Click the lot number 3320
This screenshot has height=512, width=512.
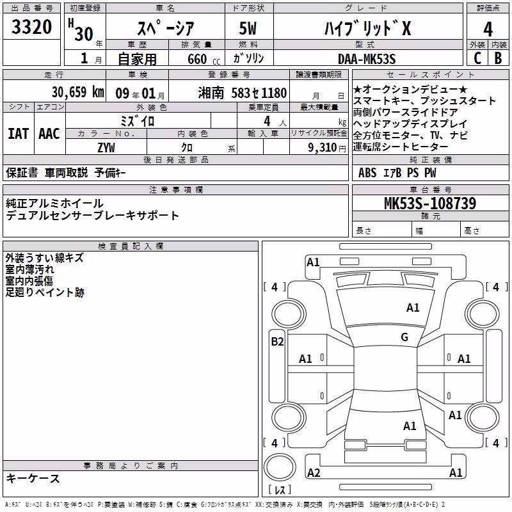coord(31,27)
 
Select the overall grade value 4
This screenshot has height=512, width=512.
coord(488,29)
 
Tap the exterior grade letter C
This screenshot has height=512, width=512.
coord(477,58)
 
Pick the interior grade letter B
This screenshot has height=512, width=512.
coord(499,58)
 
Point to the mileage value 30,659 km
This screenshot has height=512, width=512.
coord(77,92)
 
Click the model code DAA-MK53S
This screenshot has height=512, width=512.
coord(367,59)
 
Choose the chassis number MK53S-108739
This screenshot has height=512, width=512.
coord(430,204)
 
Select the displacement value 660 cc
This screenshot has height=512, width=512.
coord(204,59)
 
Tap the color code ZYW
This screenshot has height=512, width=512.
coord(106,148)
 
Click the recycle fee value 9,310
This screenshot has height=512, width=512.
coord(323,147)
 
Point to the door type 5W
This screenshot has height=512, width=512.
coord(248,28)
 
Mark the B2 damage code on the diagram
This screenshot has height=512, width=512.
coord(277,342)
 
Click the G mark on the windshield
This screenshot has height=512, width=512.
coord(404,337)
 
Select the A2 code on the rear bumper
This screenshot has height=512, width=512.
coord(314,473)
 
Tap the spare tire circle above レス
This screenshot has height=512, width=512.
coord(280,467)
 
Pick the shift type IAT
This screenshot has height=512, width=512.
coord(19,134)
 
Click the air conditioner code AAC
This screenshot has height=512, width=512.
coord(49,134)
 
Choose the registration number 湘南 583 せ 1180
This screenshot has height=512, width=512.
coord(243,93)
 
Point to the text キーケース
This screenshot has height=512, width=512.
coord(33,478)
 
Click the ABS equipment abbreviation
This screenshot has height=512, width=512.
coord(367,173)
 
